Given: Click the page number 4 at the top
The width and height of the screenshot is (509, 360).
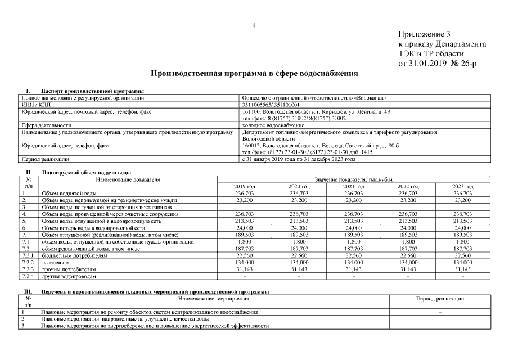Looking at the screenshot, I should (x=254, y=25).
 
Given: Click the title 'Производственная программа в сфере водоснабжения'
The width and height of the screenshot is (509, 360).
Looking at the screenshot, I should (x=254, y=74).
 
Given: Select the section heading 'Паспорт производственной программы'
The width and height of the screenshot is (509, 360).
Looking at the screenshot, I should (x=92, y=91).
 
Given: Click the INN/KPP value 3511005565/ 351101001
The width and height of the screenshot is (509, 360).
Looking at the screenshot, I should (x=271, y=104).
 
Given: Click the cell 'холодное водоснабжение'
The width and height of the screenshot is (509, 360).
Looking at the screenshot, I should (x=273, y=125).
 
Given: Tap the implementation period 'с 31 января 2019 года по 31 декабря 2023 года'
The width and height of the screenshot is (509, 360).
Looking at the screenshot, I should (x=298, y=159).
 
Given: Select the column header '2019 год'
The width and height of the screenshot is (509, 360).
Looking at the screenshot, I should (x=244, y=186).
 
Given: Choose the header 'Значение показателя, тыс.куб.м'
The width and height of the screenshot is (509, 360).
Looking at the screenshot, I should (x=353, y=179).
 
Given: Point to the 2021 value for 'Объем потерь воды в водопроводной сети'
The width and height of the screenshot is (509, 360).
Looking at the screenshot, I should (x=353, y=228).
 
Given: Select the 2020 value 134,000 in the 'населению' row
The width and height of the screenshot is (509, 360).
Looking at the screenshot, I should (x=299, y=262).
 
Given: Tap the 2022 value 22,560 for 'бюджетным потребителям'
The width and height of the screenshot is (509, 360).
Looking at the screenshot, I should (x=408, y=255).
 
